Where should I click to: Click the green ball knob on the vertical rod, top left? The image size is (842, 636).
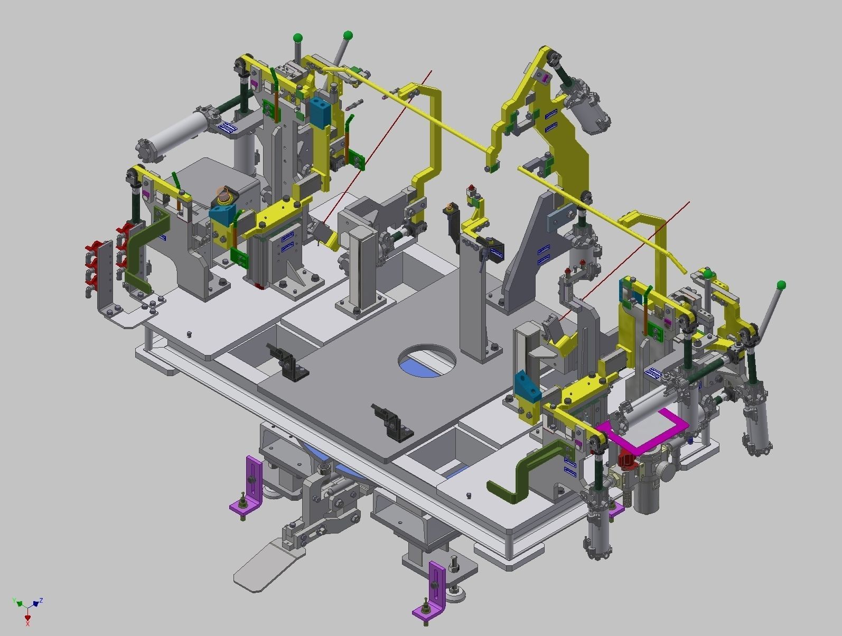click(x=298, y=38)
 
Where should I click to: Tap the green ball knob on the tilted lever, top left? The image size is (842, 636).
click(x=348, y=36)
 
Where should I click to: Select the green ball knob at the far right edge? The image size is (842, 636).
click(x=781, y=285)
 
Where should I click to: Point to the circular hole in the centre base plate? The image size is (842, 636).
click(x=427, y=360)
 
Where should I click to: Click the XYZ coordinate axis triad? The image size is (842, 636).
click(x=26, y=607)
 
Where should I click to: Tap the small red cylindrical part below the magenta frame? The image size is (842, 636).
click(x=625, y=460)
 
